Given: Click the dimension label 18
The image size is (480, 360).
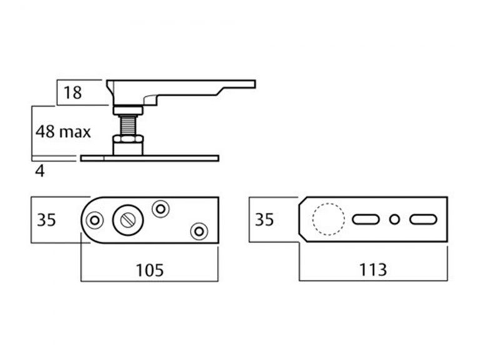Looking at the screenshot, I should tap(72, 94).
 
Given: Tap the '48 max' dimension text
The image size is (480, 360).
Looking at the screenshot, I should tap(62, 132).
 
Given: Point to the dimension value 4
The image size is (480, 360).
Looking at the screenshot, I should tap(40, 171).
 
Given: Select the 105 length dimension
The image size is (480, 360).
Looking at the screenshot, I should tap(149, 270).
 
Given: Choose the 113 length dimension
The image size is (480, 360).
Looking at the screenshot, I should tap(373, 270).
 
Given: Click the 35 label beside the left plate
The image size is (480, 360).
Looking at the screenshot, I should tap(46, 220).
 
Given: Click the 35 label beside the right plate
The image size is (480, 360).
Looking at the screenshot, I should tap(264, 220).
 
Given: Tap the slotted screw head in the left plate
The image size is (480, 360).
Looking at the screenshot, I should tap(127, 220).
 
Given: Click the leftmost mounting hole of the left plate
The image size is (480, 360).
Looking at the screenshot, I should tap(96, 220).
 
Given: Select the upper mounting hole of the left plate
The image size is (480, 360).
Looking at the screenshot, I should tap(161, 208).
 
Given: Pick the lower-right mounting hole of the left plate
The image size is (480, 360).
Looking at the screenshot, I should tap(199, 231).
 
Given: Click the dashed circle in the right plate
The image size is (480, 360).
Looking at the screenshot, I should tap(328, 219).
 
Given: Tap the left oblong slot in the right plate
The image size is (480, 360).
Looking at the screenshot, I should tap(366, 219).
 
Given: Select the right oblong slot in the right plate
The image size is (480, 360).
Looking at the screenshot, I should tap(423, 219).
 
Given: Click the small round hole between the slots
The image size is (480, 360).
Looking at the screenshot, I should tap(394, 219).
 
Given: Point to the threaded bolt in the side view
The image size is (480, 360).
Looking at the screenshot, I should tap(128, 124).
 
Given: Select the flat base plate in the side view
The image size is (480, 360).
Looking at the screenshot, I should tap(150, 158).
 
